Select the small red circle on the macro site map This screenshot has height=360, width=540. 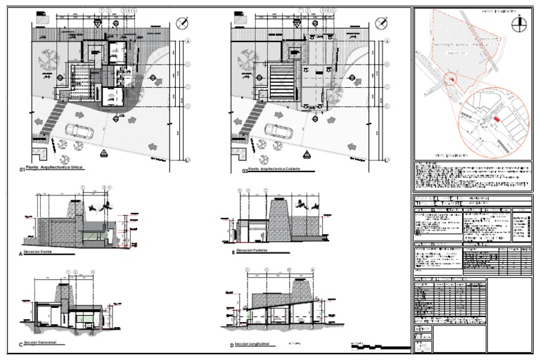point(449,83)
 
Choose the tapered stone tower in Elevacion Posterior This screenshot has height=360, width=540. point(281,217)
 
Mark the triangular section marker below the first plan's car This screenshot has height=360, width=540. point(103,153)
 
